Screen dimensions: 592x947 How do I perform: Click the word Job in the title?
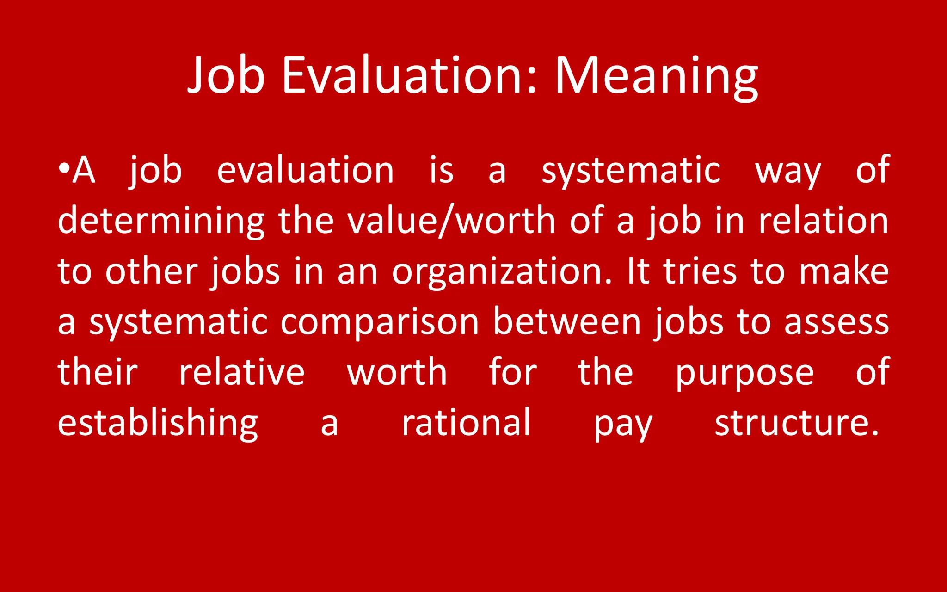coord(226,75)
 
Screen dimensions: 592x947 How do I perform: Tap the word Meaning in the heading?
coord(656,75)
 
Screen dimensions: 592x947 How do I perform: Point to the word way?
coord(788,171)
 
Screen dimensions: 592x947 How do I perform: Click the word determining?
coord(161,221)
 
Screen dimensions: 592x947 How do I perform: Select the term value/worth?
coord(451,221)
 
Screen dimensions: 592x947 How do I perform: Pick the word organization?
coord(502,272)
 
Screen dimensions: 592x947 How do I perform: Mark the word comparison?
coord(380,322)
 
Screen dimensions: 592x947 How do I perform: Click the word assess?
coord(836,322)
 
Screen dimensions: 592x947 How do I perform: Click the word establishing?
coord(158,423)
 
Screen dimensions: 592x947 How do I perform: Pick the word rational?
coord(466,422)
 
